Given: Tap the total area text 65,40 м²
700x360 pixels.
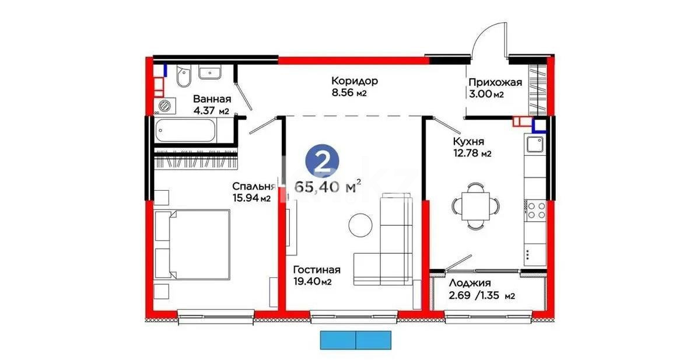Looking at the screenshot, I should coord(327,187).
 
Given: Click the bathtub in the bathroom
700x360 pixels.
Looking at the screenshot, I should coord(192,130).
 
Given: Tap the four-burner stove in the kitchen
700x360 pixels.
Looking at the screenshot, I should coord(535,210).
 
